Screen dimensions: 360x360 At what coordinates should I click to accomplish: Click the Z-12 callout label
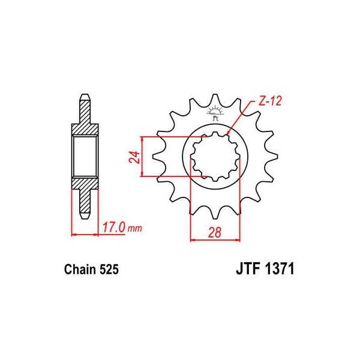point(270,101)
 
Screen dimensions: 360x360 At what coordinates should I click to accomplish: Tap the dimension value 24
point(134,157)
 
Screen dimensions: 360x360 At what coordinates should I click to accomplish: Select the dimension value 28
point(215,232)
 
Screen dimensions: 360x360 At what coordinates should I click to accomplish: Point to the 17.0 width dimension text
point(114,227)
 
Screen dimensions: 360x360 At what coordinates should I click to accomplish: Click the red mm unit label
point(135,229)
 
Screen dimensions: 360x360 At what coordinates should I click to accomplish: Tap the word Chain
point(80,269)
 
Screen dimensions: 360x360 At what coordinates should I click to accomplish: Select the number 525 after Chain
point(109,269)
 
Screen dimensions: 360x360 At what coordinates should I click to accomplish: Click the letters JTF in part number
point(249,269)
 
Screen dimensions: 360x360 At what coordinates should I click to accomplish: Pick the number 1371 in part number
point(280,269)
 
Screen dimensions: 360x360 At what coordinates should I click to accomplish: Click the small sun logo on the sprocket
point(215,113)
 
